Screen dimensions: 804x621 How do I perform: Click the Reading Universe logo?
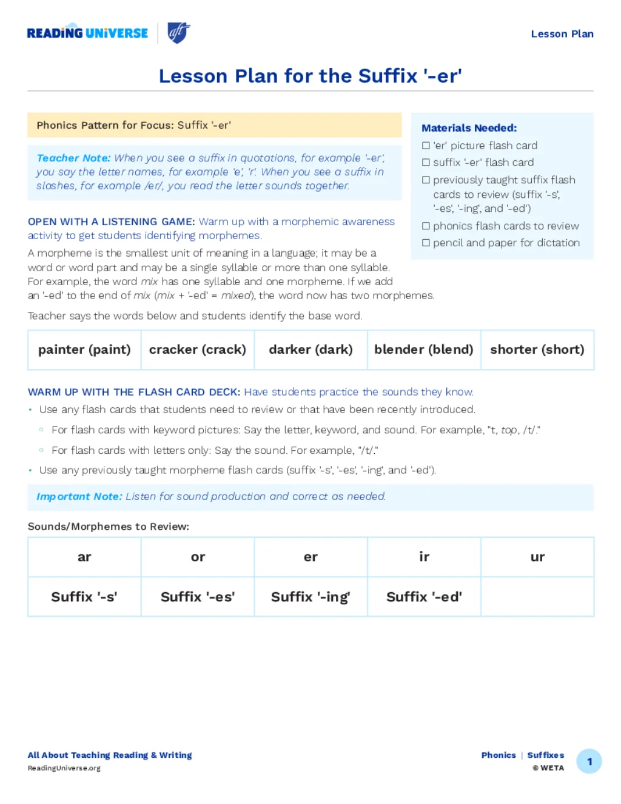pos(87,33)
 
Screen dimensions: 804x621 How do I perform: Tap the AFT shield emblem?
pos(178,33)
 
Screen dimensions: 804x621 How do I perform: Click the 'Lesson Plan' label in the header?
pos(562,34)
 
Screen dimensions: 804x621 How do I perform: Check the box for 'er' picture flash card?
pos(426,146)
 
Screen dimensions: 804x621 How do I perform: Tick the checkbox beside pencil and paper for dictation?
pos(426,243)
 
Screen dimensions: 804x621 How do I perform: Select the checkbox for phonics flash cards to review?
pos(426,226)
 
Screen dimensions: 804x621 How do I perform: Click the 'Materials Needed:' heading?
pos(469,128)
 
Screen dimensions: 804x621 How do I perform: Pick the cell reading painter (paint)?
pos(84,350)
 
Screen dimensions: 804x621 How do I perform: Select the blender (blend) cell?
pos(423,350)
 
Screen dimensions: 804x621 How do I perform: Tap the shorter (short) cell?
pos(537,350)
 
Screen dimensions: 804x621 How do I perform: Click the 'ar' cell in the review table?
pos(84,557)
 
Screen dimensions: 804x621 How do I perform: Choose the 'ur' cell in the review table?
pos(537,557)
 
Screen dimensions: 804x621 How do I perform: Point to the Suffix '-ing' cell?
pos(310,597)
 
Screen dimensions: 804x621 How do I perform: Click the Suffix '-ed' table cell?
pos(423,597)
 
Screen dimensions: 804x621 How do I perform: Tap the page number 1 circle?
pos(589,762)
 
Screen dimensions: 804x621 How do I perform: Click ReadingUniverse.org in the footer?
pos(64,768)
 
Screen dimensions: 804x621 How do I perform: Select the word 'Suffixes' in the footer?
pos(545,755)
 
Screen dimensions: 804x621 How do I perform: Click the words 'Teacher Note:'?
pos(73,158)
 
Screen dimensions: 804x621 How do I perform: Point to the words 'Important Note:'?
pos(79,496)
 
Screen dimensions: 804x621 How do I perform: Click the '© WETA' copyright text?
pos(548,768)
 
